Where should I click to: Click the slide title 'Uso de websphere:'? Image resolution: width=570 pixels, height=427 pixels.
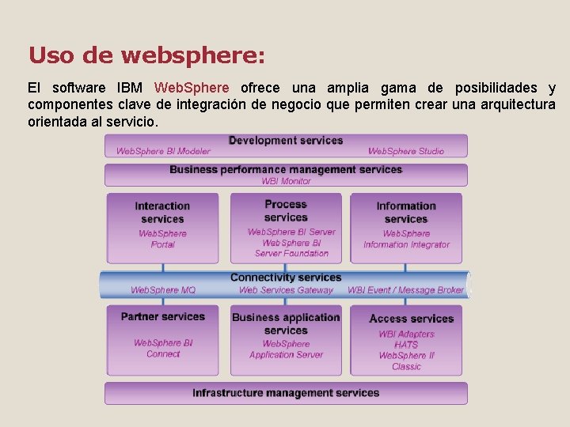[x=146, y=56]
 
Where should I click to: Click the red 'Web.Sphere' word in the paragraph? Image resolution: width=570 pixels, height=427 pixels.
[x=192, y=88]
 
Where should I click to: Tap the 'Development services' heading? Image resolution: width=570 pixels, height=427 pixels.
[x=286, y=141]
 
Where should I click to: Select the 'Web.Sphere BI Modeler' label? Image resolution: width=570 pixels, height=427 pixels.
[x=163, y=151]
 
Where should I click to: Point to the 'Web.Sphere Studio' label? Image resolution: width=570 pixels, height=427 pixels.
[x=406, y=151]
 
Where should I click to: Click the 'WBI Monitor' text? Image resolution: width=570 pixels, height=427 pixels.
[x=286, y=181]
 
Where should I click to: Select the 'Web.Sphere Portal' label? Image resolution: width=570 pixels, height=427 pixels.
[x=162, y=239]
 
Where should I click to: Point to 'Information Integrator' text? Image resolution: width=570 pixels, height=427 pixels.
[x=406, y=244]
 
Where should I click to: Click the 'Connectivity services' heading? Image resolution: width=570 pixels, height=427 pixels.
[x=286, y=278]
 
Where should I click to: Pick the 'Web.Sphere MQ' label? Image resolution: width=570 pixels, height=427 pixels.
[x=163, y=290]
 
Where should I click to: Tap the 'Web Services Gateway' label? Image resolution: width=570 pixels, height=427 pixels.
[x=286, y=290]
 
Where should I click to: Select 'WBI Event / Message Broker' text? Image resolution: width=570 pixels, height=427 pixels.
[x=405, y=290]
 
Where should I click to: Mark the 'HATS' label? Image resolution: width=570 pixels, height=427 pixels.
[x=406, y=345]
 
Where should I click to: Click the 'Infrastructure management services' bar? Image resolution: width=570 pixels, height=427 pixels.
[x=286, y=393]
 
